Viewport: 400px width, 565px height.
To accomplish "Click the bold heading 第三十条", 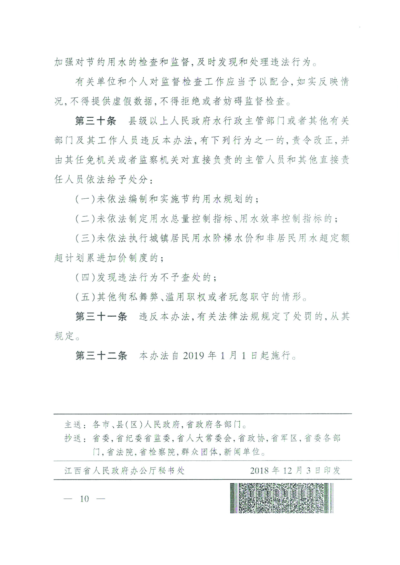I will click(95, 121).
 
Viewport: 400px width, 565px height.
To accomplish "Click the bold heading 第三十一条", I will click(101, 317).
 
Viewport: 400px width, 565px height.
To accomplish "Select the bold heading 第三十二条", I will click(101, 356).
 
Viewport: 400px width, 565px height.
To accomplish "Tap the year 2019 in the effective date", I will click(193, 356).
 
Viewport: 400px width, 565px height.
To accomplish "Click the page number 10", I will click(84, 499).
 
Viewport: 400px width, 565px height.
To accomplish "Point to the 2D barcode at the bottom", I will click(282, 498).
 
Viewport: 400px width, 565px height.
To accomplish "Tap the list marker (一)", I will click(85, 199).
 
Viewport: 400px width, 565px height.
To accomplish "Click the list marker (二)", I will click(85, 219).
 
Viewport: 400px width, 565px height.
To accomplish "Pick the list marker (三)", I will click(85, 238).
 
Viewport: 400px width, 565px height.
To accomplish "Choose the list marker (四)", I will click(85, 277).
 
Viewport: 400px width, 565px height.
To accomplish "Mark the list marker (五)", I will click(85, 297).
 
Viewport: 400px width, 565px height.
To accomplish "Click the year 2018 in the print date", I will click(259, 471).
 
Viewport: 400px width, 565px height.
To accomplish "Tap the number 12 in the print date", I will click(287, 471).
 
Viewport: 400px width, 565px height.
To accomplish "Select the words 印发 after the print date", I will click(332, 471).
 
